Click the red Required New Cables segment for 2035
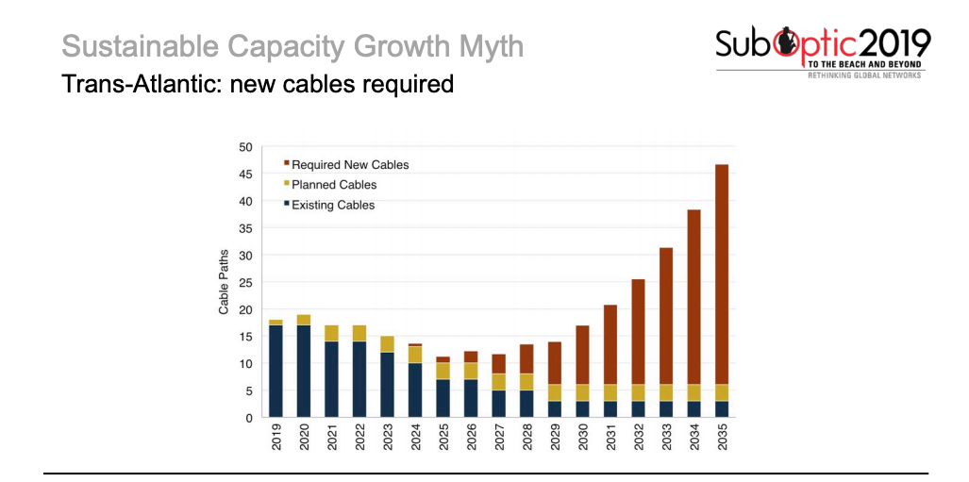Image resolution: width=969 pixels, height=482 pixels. [x=722, y=274]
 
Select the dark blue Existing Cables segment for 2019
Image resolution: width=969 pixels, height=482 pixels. [x=276, y=370]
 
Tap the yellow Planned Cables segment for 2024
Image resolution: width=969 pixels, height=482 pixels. [x=415, y=355]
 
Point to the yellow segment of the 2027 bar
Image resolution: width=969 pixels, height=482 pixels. [x=498, y=382]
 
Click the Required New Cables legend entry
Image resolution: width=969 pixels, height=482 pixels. [x=349, y=165]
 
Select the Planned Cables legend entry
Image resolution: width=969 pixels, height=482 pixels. [x=333, y=185]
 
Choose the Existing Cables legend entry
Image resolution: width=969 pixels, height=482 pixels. [x=332, y=205]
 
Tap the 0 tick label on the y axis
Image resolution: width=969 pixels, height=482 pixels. [x=249, y=418]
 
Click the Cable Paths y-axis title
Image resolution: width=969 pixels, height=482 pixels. [x=225, y=282]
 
